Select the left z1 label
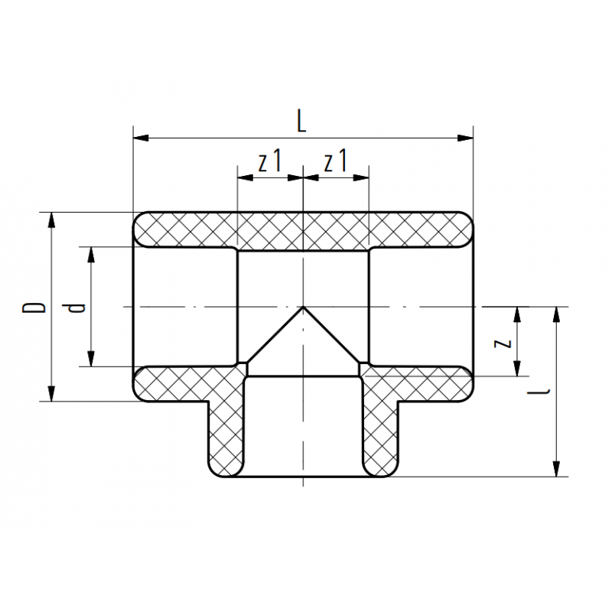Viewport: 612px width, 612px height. click(x=270, y=162)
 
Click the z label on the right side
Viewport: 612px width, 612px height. click(x=503, y=343)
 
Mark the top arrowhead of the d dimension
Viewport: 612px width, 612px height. click(x=91, y=255)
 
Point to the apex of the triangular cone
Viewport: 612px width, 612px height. click(x=304, y=308)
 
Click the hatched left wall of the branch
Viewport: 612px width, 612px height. click(x=226, y=428)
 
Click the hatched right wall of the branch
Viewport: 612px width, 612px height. click(x=380, y=428)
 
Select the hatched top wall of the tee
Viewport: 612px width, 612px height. click(x=304, y=229)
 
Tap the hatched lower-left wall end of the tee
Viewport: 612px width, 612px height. click(x=176, y=383)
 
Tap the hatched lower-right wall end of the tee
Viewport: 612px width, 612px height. click(x=432, y=383)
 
